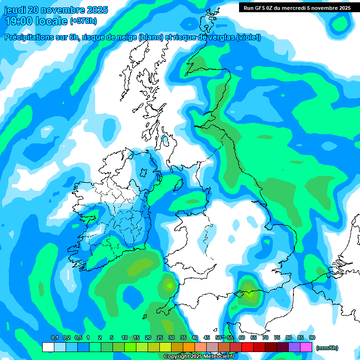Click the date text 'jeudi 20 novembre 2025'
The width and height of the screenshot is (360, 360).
[x=56, y=10]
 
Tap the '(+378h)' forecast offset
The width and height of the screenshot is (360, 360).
[x=84, y=21]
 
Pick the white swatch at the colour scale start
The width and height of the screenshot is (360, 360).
[x=48, y=347]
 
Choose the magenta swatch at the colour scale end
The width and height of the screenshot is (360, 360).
[x=306, y=347]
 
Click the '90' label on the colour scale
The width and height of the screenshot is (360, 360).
[x=312, y=338]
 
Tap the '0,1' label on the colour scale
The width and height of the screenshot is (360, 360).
[x=54, y=338]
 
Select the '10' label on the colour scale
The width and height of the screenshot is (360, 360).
[x=124, y=338]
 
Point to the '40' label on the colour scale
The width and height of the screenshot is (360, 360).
[x=195, y=338]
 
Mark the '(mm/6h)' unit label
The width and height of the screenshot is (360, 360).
[x=327, y=348]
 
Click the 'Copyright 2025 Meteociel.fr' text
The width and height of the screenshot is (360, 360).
[x=199, y=356]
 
